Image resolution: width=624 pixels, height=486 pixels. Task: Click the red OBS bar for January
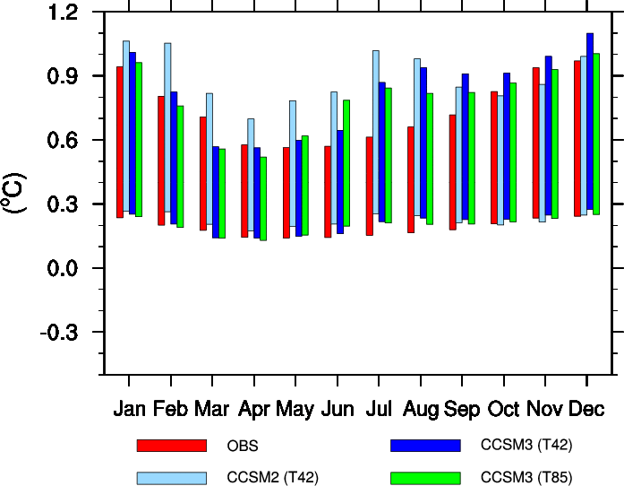pos(120,142)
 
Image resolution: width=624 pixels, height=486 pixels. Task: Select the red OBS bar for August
pos(411,179)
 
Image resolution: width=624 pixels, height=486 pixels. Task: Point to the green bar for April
pos(263,198)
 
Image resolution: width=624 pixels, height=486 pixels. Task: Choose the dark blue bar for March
pos(216,192)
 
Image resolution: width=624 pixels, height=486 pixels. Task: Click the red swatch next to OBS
pos(171,446)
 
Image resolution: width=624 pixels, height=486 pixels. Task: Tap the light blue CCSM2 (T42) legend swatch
pos(171,477)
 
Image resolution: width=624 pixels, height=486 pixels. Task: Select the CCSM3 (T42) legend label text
pos(526,446)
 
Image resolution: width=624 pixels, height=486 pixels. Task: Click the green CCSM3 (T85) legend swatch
pos(425,477)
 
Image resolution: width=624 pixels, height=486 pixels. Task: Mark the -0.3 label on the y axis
pos(59,333)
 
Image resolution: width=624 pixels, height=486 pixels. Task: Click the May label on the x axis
pos(295,410)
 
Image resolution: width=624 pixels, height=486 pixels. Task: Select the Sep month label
pos(462,410)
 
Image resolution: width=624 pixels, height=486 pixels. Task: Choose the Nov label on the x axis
pos(545,410)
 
